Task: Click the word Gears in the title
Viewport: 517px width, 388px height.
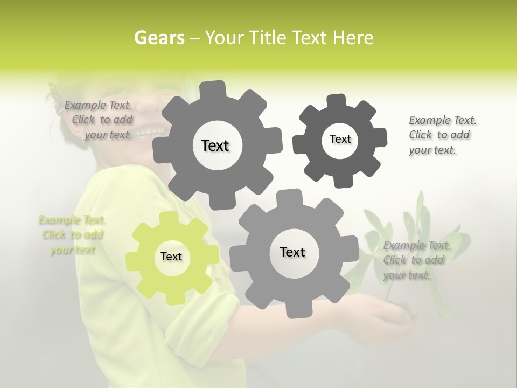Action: click(159, 38)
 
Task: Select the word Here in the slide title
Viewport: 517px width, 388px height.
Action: click(353, 38)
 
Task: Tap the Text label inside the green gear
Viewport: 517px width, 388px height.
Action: click(171, 257)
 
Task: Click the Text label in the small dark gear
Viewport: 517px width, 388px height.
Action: click(340, 140)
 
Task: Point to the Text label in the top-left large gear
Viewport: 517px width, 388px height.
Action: click(215, 145)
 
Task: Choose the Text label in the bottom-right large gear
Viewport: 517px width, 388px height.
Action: click(292, 252)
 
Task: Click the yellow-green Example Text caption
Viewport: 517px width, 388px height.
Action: click(72, 235)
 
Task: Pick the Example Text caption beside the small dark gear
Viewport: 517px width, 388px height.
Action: click(442, 135)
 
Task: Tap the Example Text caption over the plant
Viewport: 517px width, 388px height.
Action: click(416, 260)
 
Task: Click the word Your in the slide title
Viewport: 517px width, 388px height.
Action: click(222, 38)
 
